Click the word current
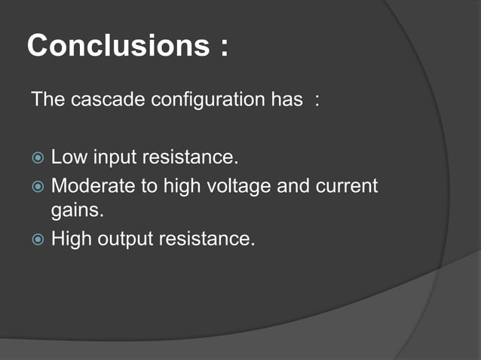(345, 186)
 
